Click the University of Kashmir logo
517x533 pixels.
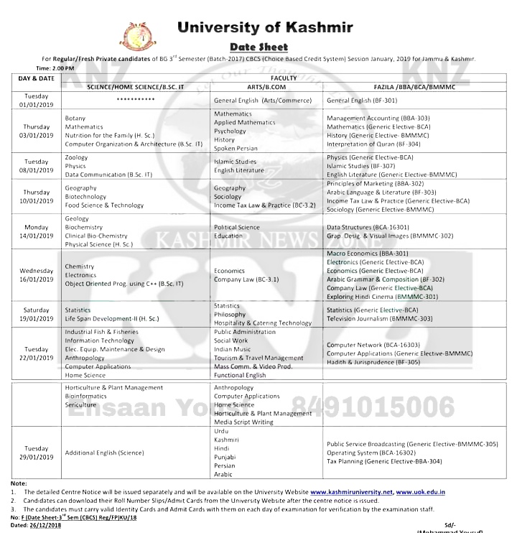click(x=138, y=36)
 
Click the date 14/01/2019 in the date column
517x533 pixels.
click(x=36, y=236)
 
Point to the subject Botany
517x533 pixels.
click(x=75, y=118)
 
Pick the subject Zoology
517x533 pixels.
click(x=76, y=157)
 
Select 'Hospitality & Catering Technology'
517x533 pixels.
click(x=263, y=323)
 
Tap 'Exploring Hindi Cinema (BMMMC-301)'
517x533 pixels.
click(x=382, y=297)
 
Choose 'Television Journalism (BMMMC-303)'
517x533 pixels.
click(x=379, y=318)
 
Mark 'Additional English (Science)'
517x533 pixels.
click(x=104, y=453)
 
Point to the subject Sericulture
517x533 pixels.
click(x=80, y=404)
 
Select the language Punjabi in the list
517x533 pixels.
click(x=225, y=457)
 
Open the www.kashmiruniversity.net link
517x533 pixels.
click(x=351, y=492)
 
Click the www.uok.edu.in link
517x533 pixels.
click(x=421, y=492)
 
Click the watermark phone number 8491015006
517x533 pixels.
click(x=373, y=408)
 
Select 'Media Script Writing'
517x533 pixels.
click(x=243, y=422)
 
